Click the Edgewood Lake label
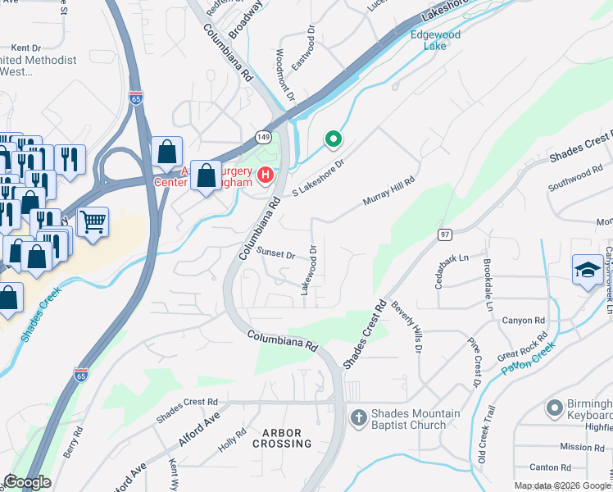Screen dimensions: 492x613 (435, 40)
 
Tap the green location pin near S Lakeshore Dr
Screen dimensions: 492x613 (333, 139)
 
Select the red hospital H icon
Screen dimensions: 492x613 (266, 175)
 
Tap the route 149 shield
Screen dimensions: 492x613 (262, 135)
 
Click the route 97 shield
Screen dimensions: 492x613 (445, 235)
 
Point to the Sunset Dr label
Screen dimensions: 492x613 (275, 253)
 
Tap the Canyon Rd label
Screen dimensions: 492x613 (524, 320)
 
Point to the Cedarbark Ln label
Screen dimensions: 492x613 (452, 269)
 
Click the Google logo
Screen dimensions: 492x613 (26, 482)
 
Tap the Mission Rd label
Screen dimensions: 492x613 (582, 447)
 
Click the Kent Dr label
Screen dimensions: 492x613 (25, 48)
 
